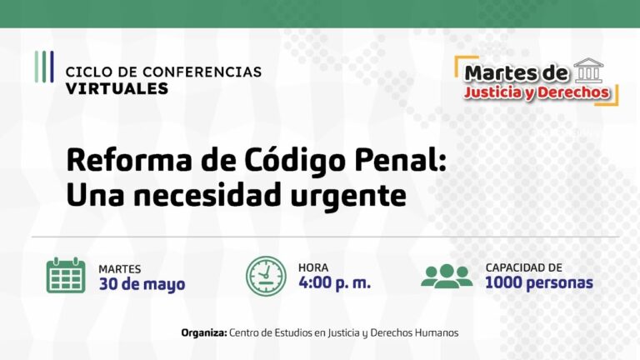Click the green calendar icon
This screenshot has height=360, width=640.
click(x=66, y=276)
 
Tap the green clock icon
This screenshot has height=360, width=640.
click(x=265, y=276)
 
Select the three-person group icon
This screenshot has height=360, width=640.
click(x=447, y=276)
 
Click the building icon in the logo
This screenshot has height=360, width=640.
click(x=589, y=70)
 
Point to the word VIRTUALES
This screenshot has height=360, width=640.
click(x=116, y=87)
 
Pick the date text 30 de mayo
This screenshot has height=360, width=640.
click(x=142, y=283)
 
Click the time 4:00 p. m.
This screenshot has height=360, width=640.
click(x=334, y=283)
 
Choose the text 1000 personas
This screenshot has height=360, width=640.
click(x=539, y=283)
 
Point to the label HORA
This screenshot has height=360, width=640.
click(x=313, y=267)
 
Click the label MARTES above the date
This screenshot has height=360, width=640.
click(x=119, y=268)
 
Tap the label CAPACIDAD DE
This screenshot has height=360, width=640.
click(x=524, y=267)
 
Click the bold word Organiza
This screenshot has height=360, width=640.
click(x=203, y=332)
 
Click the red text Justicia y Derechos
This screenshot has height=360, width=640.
click(x=537, y=92)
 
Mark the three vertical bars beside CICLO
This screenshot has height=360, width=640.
click(x=44, y=67)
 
